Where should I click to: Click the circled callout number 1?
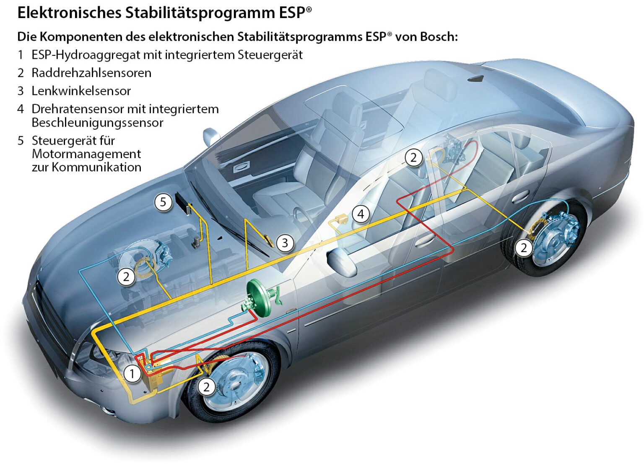(132, 373)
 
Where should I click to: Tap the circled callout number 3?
(285, 242)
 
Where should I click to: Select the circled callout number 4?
(361, 214)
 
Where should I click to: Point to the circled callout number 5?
(163, 202)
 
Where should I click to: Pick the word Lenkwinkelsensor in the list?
(81, 91)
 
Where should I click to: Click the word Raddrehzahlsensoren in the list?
(91, 73)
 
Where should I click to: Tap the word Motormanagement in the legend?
(86, 154)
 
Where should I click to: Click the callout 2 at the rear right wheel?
(524, 248)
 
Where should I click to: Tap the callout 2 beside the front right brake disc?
(206, 386)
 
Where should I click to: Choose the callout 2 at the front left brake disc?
(126, 276)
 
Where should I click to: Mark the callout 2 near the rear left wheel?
(414, 158)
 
